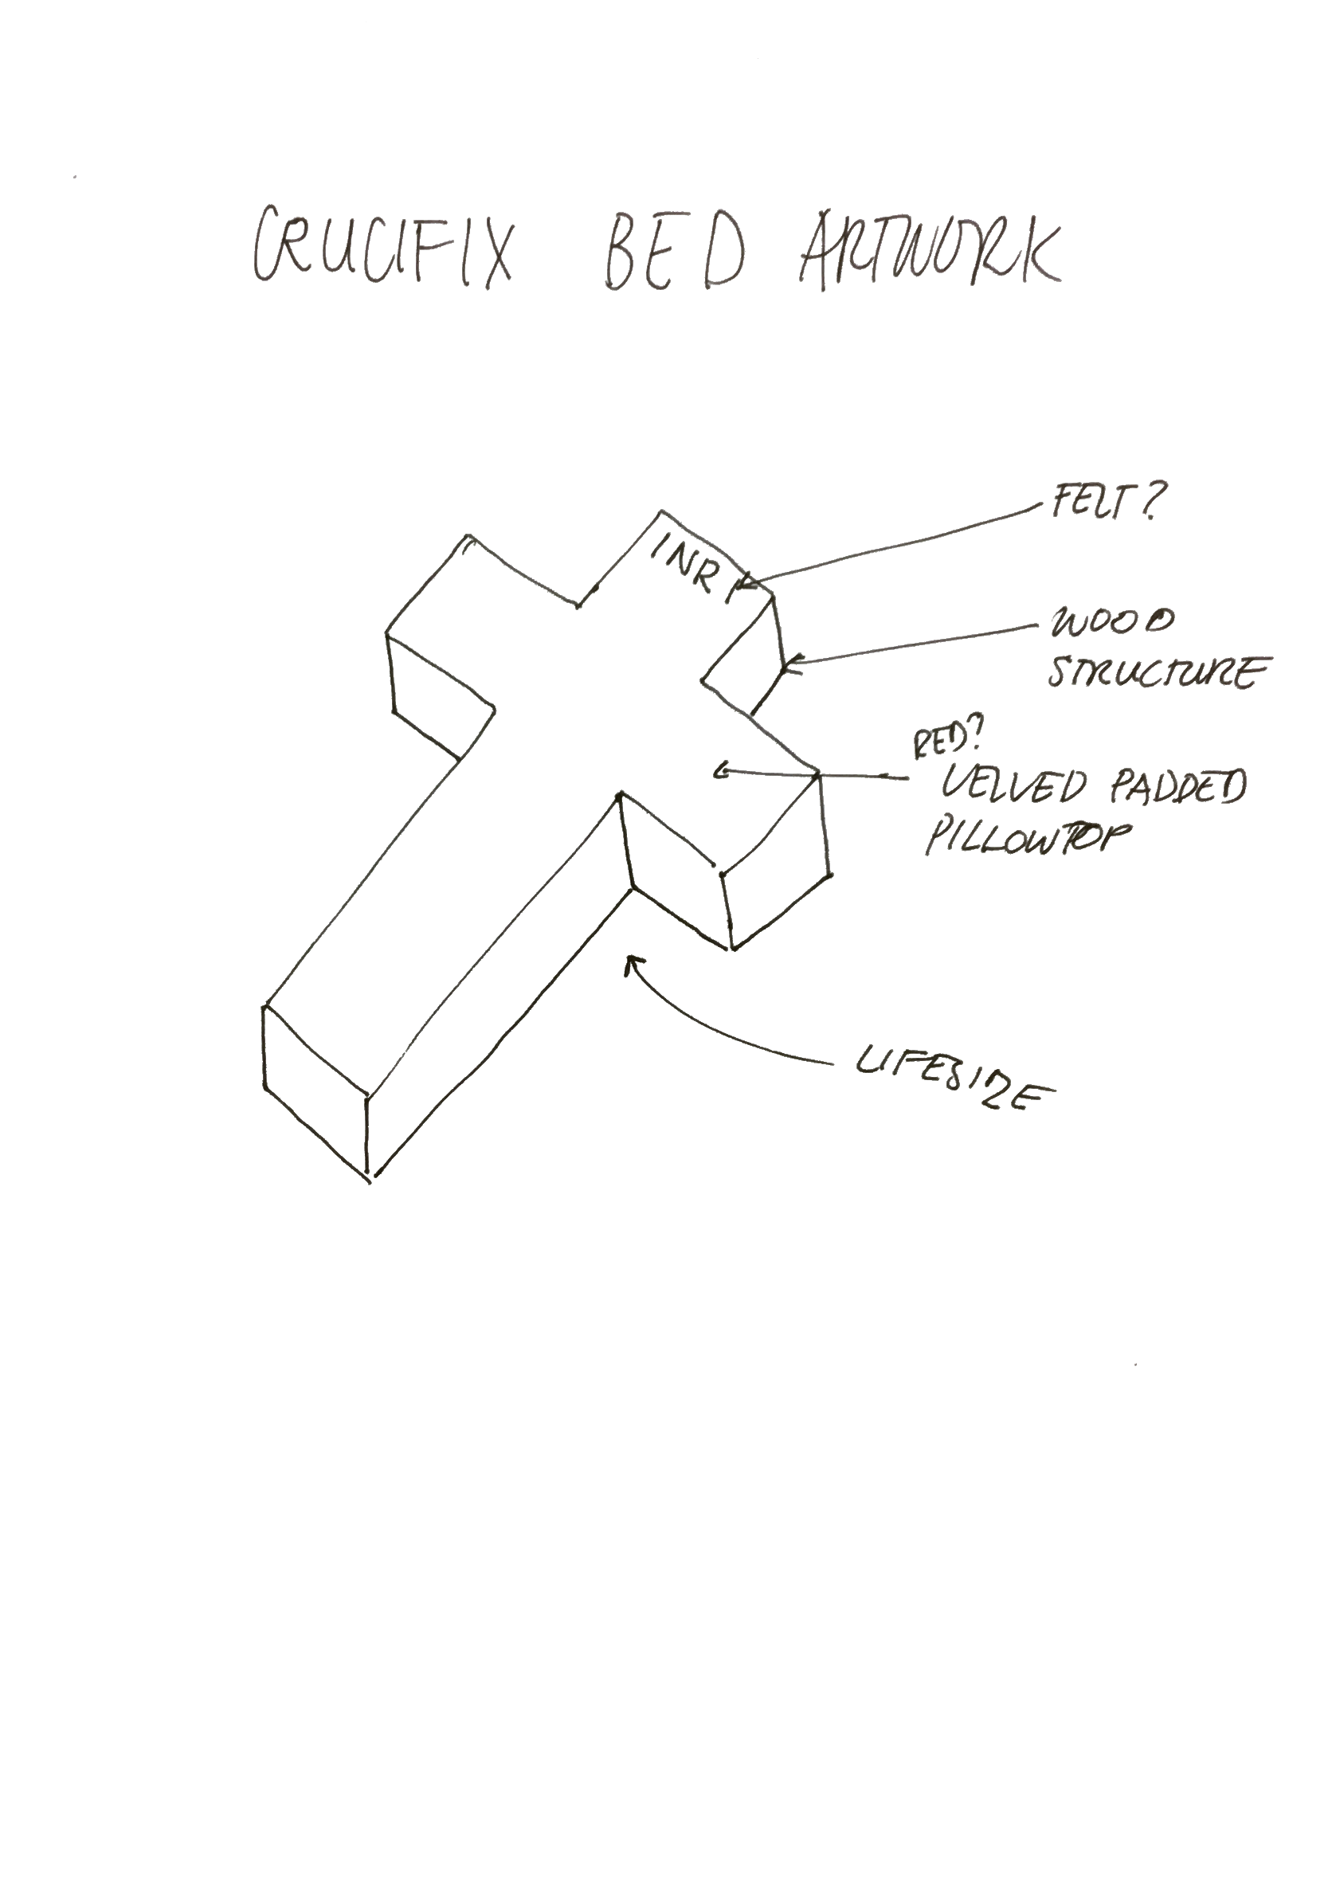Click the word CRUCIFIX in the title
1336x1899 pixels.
pyautogui.click(x=382, y=248)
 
